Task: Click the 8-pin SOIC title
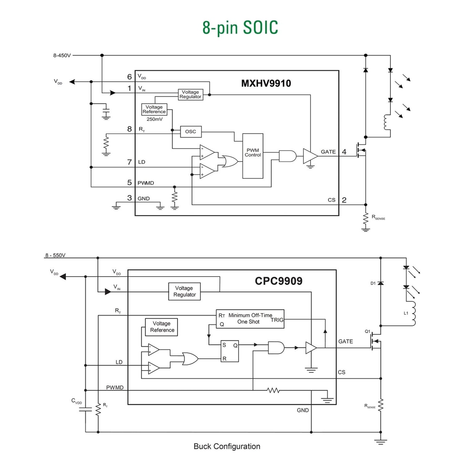pos(240,28)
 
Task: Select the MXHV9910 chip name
pos(266,83)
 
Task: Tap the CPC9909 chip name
pos(278,281)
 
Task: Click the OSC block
pos(191,132)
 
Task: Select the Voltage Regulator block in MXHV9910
pos(190,95)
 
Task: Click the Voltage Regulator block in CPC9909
pos(185,291)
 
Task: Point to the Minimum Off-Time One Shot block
pos(250,319)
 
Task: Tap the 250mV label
pos(154,119)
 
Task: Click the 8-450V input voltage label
pos(62,55)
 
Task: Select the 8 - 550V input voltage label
pos(55,255)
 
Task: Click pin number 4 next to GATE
pos(344,152)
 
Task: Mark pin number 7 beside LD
pos(129,162)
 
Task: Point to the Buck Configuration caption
pos(227,446)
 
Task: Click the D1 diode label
pos(373,283)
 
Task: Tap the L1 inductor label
pos(406,313)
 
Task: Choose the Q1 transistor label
pos(367,331)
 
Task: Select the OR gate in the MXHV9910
pos(230,161)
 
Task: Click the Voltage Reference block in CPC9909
pos(162,327)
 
